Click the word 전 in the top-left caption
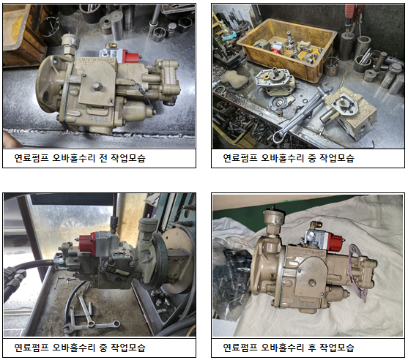tap(103, 158)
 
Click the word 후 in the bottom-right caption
tap(312, 348)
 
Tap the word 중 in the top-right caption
tap(312, 158)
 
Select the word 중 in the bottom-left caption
tap(103, 348)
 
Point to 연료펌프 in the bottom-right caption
tap(240, 348)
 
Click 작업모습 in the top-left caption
tap(128, 158)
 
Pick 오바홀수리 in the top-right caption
tap(282, 158)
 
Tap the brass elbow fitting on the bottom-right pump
tap(315, 225)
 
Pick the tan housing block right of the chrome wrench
tap(350, 112)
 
